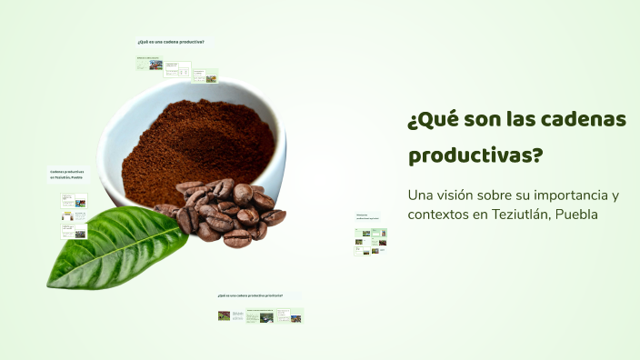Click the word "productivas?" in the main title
[475, 155]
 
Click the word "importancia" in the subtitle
[565, 195]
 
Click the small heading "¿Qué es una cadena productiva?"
[170, 42]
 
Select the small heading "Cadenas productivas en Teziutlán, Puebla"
[66, 174]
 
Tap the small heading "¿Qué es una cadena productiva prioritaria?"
[250, 296]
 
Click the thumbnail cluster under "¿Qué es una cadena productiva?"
[177, 69]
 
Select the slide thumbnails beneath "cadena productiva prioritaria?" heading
[260, 316]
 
